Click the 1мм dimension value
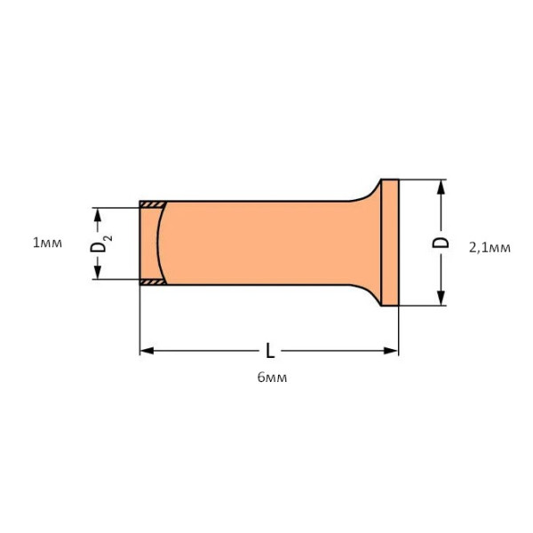[46, 243]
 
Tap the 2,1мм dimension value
[489, 248]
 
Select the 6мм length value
[272, 378]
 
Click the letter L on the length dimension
[270, 351]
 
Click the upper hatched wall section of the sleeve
[151, 205]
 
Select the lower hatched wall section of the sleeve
[151, 282]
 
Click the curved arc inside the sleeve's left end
[158, 243]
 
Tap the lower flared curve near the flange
[366, 295]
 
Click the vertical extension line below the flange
[398, 330]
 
